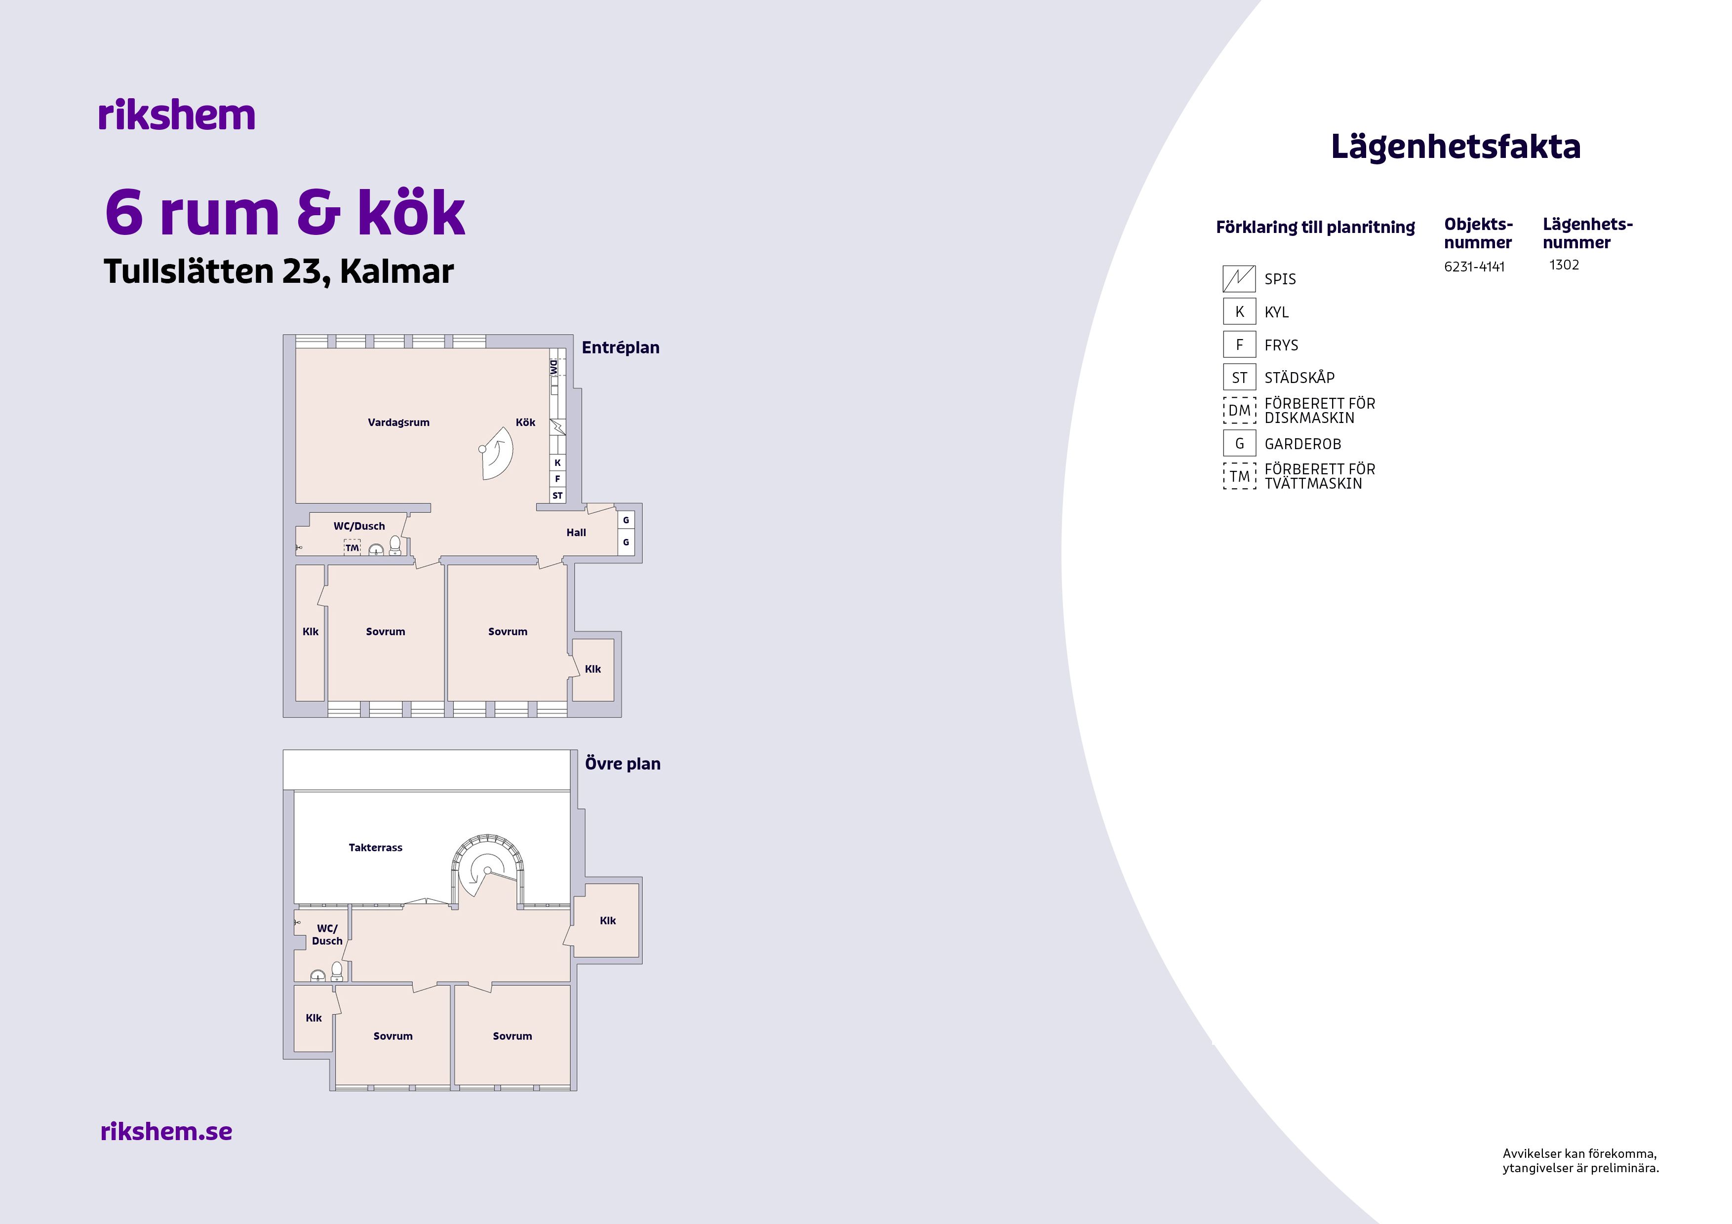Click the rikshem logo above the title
pyautogui.click(x=177, y=115)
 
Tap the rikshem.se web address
pyautogui.click(x=166, y=1131)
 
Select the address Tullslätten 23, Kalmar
pyautogui.click(x=278, y=271)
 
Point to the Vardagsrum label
pyautogui.click(x=398, y=422)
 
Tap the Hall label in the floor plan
pyautogui.click(x=576, y=533)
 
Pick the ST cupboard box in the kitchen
pyautogui.click(x=557, y=496)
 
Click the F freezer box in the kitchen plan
pyautogui.click(x=557, y=479)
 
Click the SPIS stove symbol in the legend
pyautogui.click(x=1239, y=278)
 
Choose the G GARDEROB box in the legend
pyautogui.click(x=1239, y=443)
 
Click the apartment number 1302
pyautogui.click(x=1564, y=265)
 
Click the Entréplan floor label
pyautogui.click(x=620, y=347)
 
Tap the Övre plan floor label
pyautogui.click(x=622, y=764)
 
